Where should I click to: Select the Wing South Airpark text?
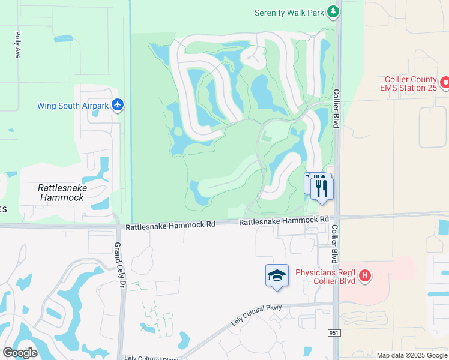73,106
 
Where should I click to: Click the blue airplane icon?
118,105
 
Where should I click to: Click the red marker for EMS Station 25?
445,82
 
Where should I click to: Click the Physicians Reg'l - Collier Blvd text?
325,277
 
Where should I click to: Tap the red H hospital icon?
364,277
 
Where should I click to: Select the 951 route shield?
334,332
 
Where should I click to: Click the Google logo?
20,353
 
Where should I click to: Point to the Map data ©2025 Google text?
412,355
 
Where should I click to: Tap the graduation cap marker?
277,275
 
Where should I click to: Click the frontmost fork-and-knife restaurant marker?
322,189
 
